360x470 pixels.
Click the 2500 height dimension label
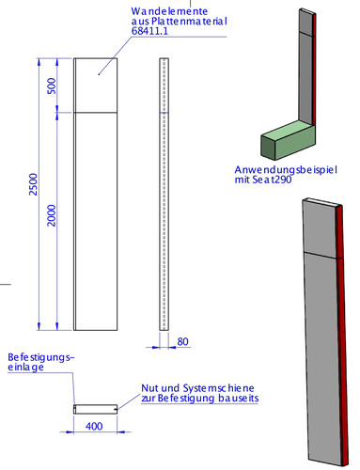point(33,184)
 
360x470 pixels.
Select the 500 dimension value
point(52,86)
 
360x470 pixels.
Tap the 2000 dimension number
point(52,215)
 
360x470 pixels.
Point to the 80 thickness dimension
point(182,341)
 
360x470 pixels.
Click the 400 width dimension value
point(94,426)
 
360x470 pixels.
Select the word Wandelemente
point(169,11)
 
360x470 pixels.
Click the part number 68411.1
point(149,31)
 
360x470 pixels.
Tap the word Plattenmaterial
point(189,21)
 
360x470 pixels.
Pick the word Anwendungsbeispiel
point(286,170)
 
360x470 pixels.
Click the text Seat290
point(272,180)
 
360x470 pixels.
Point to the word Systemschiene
point(218,388)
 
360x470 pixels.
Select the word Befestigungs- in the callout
point(41,357)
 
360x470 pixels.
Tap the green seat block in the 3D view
point(288,139)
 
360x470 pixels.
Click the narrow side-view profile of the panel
point(164,195)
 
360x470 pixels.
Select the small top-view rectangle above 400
point(96,409)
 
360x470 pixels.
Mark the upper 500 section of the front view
point(96,86)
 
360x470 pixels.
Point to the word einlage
point(25,368)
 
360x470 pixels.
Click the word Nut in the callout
point(149,388)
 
